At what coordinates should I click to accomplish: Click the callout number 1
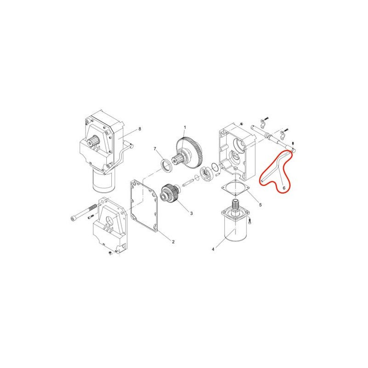[185, 127]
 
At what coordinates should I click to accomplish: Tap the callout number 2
[173, 242]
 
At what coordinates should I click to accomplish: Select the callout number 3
[191, 213]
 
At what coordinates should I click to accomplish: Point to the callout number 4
[213, 249]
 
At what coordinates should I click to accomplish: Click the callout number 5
[260, 205]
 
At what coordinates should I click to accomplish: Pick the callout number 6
[284, 188]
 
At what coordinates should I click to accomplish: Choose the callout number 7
[155, 149]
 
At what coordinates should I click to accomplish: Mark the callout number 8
[140, 129]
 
